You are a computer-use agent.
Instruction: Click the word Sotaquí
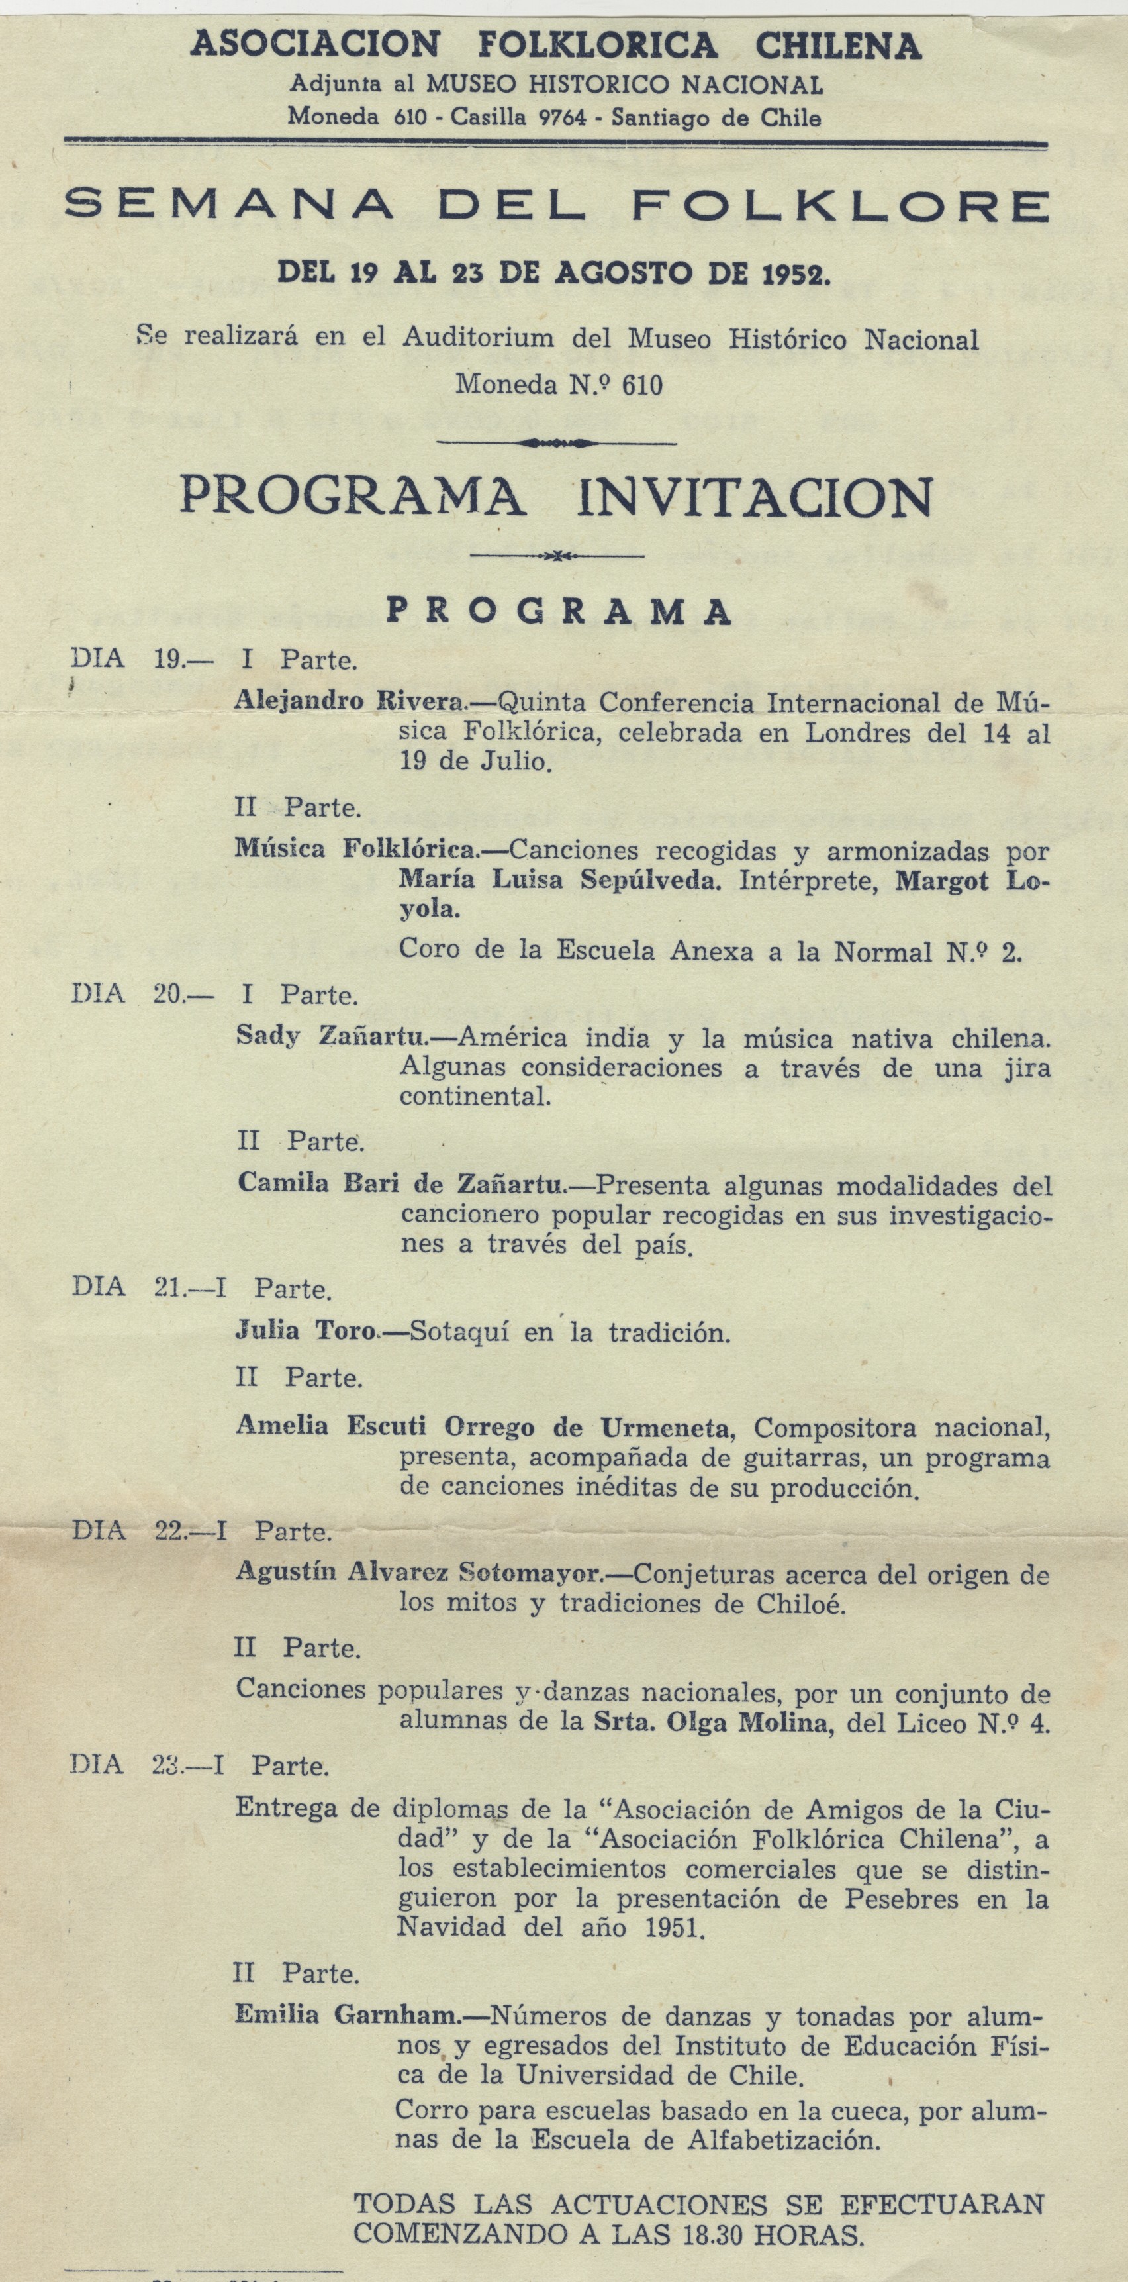[452, 1332]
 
